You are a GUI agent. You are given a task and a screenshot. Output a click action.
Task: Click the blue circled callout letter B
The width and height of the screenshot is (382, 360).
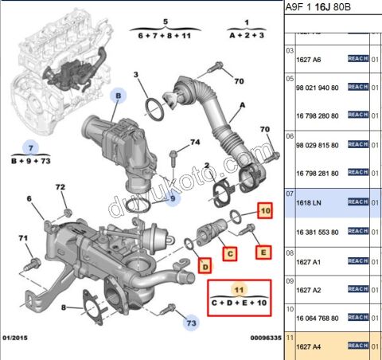pyautogui.click(x=118, y=96)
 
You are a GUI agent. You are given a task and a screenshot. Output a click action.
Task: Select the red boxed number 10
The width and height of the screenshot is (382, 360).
pyautogui.click(x=266, y=211)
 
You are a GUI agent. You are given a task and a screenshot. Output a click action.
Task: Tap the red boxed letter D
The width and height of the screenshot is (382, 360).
pyautogui.click(x=205, y=264)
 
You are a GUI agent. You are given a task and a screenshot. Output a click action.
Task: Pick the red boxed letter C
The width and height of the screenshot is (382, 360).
pyautogui.click(x=229, y=254)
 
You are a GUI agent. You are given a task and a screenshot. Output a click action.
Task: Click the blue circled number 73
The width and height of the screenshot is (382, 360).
pyautogui.click(x=190, y=323)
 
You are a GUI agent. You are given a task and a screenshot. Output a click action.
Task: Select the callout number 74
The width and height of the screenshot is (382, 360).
pyautogui.click(x=194, y=143)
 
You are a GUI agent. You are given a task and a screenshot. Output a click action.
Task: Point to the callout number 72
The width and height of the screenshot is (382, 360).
pyautogui.click(x=60, y=187)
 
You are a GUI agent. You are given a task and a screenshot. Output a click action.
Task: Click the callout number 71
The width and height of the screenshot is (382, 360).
pyautogui.click(x=23, y=238)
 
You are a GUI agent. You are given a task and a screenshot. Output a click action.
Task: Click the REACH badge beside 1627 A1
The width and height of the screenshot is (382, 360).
pyautogui.click(x=357, y=260)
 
